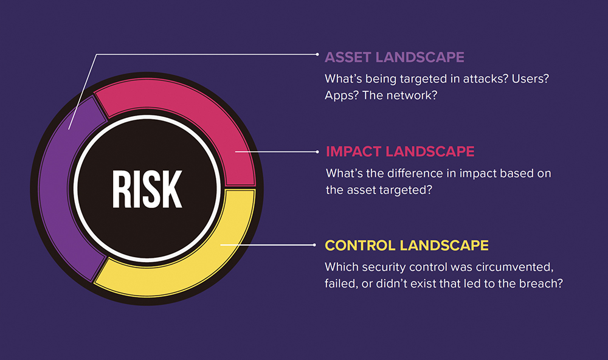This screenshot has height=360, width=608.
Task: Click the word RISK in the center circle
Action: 147,189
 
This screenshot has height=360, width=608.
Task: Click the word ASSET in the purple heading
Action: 348,57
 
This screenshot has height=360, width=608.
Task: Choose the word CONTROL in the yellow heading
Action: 360,246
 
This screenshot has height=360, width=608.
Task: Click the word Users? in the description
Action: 530,79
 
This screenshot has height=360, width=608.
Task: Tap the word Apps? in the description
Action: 342,95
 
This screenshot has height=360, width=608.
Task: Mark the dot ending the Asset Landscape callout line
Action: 317,55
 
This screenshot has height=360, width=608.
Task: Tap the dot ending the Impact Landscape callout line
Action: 317,151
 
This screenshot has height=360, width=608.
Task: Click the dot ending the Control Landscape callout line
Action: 314,245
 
